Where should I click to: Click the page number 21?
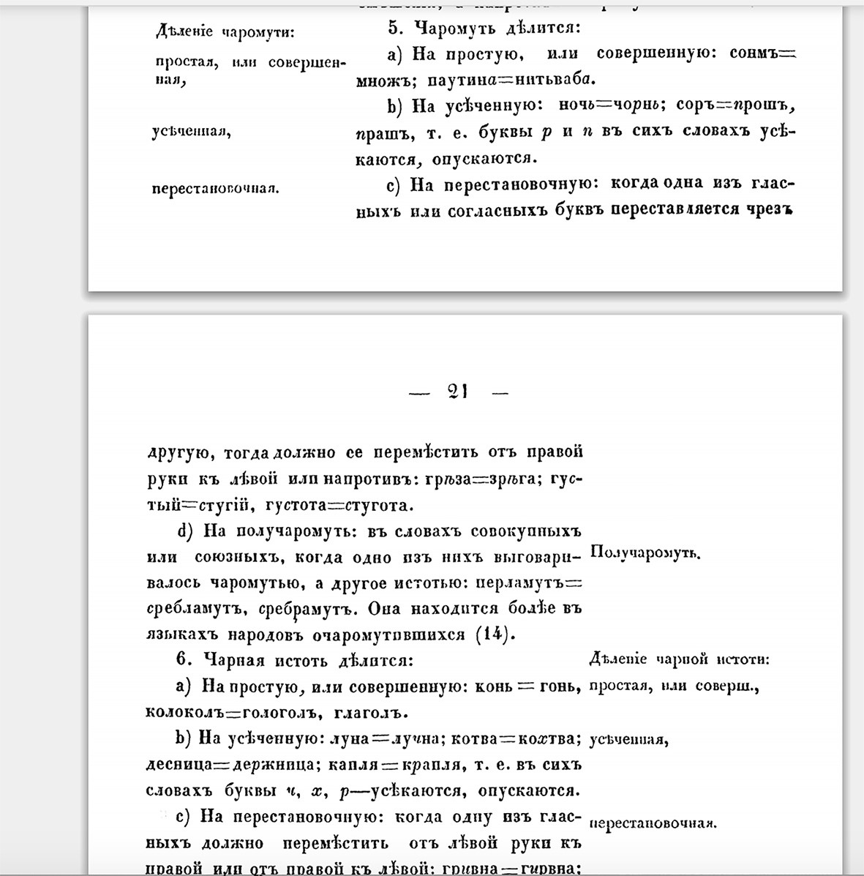458,392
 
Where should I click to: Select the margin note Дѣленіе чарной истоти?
679,659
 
